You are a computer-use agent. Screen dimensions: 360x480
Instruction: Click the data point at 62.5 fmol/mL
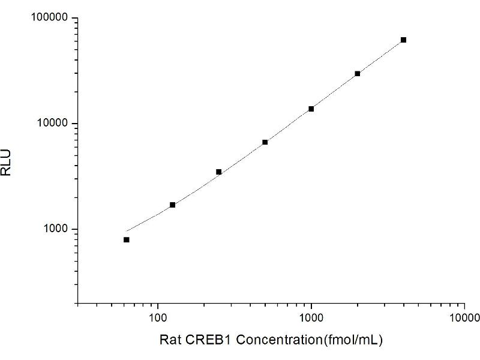[127, 239]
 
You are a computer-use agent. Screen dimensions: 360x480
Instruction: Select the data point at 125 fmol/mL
[173, 205]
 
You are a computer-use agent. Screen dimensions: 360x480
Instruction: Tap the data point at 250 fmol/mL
[219, 172]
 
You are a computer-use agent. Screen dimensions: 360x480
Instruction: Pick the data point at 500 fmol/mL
[265, 142]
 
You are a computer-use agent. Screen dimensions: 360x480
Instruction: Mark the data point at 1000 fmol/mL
[311, 109]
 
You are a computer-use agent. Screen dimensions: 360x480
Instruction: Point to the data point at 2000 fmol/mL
[358, 74]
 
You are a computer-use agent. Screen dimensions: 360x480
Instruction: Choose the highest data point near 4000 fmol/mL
[403, 40]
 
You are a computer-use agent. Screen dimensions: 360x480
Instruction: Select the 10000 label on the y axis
[53, 124]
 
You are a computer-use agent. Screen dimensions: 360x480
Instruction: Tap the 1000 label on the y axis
[55, 229]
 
